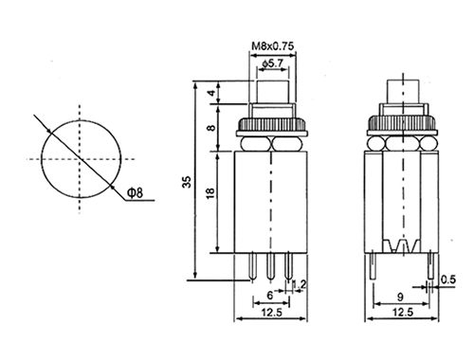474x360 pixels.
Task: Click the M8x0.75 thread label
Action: click(x=272, y=46)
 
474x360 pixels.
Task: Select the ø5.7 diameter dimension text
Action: click(x=273, y=63)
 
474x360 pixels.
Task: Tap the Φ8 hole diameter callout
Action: click(x=135, y=192)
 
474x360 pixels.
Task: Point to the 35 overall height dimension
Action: click(x=188, y=182)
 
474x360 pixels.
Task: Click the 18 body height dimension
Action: click(x=210, y=193)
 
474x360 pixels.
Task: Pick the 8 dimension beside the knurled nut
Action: click(x=212, y=128)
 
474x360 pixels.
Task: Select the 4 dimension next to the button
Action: click(x=212, y=93)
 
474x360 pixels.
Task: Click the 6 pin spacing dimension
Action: click(x=269, y=296)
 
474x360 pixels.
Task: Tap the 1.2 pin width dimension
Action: click(x=300, y=284)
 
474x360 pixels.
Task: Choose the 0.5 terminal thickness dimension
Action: click(x=448, y=279)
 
